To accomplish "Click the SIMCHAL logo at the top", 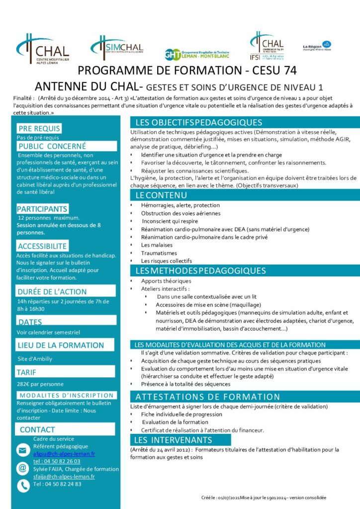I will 117,47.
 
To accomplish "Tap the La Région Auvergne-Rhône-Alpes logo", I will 317,46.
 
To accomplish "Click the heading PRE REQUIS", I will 39,129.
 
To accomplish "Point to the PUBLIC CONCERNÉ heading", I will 52,146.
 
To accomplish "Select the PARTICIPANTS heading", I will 42,209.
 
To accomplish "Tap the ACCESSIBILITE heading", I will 42,246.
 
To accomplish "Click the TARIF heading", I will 26,372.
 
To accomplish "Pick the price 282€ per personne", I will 40,384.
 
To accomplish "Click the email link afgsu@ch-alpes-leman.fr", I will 64,454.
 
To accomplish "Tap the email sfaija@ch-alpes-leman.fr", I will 64,476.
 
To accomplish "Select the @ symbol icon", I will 23,468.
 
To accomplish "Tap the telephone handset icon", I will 23,485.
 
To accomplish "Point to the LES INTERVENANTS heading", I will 173,440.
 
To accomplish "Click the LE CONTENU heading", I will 154,195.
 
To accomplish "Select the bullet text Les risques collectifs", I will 166,260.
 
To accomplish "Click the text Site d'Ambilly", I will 35,359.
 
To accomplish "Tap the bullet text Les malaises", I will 157,245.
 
